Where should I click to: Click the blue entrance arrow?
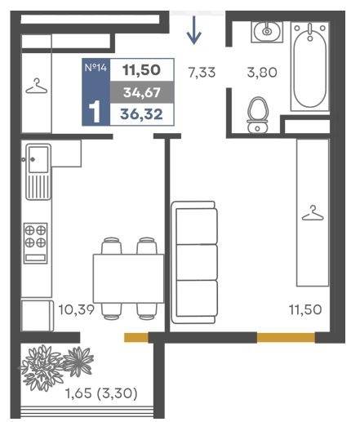pos(193,30)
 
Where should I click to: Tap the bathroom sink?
pos(267,31)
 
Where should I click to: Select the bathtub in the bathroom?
pos(310,66)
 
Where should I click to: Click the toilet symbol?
pos(258,115)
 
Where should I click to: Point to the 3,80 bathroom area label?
pos(262,73)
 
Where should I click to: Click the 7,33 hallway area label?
pos(202,73)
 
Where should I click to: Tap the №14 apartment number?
pos(96,67)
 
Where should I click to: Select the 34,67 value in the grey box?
pos(141,92)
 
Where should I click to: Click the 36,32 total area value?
pos(141,114)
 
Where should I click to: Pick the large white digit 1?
pos(96,112)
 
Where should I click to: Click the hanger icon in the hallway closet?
pos(37,86)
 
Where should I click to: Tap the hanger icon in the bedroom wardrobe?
pos(313,213)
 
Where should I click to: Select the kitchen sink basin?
pos(39,159)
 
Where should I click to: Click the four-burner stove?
pos(35,243)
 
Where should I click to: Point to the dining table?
pos(128,278)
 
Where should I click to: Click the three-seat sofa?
pos(194,262)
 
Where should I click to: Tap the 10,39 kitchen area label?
pos(77,309)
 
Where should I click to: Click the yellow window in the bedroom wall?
pos(286,337)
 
